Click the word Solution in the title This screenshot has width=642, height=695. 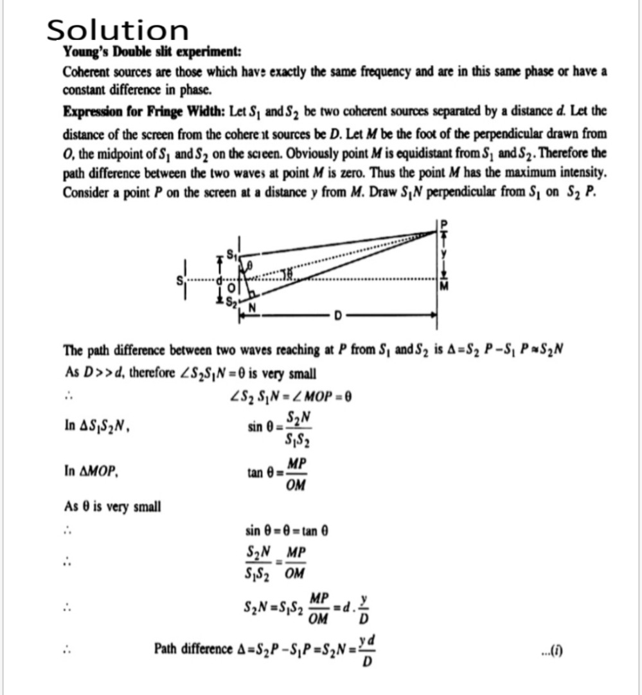point(118,30)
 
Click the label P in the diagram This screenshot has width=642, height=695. point(441,223)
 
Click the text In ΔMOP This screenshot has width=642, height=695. point(91,472)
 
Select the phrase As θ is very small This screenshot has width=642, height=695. point(112,507)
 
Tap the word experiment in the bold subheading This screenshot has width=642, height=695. point(204,52)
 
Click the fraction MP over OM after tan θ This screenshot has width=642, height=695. point(296,474)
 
